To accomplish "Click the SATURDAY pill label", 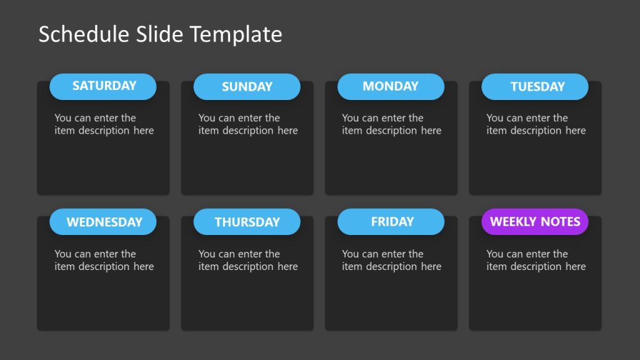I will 104,86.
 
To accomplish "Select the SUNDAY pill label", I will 247,87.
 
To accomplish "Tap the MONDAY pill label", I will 391,86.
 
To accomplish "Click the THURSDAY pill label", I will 247,222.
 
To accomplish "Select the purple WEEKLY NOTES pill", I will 535,221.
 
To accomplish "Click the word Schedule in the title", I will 84,34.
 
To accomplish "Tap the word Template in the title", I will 236,34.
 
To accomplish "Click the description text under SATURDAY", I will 104,124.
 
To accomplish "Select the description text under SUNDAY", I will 248,124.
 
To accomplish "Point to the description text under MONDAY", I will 392,124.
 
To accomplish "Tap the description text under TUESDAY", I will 536,124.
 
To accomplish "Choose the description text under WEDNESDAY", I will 104,260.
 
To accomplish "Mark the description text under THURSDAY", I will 248,260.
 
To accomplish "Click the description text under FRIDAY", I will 392,260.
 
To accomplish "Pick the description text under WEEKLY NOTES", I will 536,260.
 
